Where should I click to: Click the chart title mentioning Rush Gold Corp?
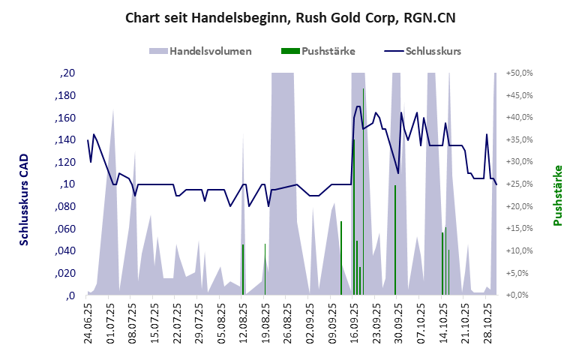[289, 18]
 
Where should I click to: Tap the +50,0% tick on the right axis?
[519, 73]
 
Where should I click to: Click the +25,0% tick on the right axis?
[519, 184]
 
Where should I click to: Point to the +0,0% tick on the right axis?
[519, 295]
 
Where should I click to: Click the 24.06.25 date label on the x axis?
[89, 322]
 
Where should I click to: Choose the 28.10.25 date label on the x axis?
[487, 322]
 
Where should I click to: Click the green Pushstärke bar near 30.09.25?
[395, 240]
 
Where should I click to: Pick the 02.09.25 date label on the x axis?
[310, 322]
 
